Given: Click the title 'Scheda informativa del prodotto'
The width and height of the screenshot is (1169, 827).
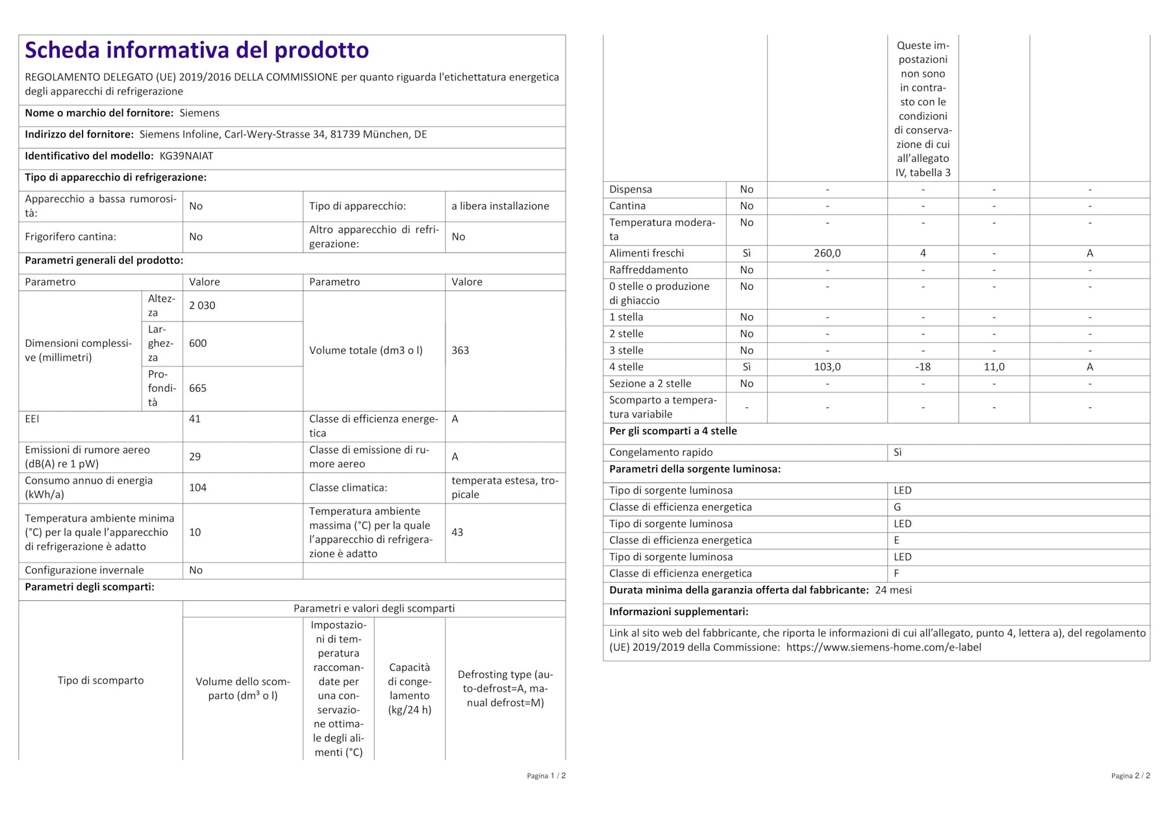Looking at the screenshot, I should pyautogui.click(x=197, y=50).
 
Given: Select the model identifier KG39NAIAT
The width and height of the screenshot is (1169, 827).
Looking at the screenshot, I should pyautogui.click(x=186, y=156).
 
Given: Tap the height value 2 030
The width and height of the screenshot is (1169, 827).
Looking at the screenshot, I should pyautogui.click(x=202, y=305).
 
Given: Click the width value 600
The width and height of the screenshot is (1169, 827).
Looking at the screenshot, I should pyautogui.click(x=197, y=343).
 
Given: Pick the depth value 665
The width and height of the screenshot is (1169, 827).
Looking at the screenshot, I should pyautogui.click(x=197, y=388).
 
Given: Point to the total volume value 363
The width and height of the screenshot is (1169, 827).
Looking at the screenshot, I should pyautogui.click(x=460, y=350).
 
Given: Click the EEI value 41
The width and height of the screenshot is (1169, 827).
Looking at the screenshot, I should pyautogui.click(x=195, y=419).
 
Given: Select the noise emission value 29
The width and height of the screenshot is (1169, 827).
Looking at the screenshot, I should pyautogui.click(x=195, y=457).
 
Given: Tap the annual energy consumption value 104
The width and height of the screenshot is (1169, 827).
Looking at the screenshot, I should pyautogui.click(x=197, y=487).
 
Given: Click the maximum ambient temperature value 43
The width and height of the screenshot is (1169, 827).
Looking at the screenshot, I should pyautogui.click(x=457, y=532).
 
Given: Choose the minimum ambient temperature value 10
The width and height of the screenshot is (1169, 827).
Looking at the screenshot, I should pyautogui.click(x=195, y=532).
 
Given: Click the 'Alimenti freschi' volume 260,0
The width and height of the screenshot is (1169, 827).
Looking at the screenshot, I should pyautogui.click(x=827, y=253).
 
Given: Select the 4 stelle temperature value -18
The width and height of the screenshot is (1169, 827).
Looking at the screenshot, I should pyautogui.click(x=922, y=367).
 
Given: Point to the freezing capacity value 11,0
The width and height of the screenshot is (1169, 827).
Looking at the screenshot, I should pyautogui.click(x=994, y=367).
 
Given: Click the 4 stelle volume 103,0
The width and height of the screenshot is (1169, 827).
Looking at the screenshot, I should pyautogui.click(x=827, y=367).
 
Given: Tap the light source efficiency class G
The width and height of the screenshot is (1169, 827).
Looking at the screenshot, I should pyautogui.click(x=897, y=507).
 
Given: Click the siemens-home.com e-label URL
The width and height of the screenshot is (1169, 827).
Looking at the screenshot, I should pyautogui.click(x=883, y=647).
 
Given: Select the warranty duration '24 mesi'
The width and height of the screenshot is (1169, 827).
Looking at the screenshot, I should pyautogui.click(x=893, y=590).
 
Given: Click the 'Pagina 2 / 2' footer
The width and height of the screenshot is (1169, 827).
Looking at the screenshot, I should pyautogui.click(x=1130, y=776).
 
